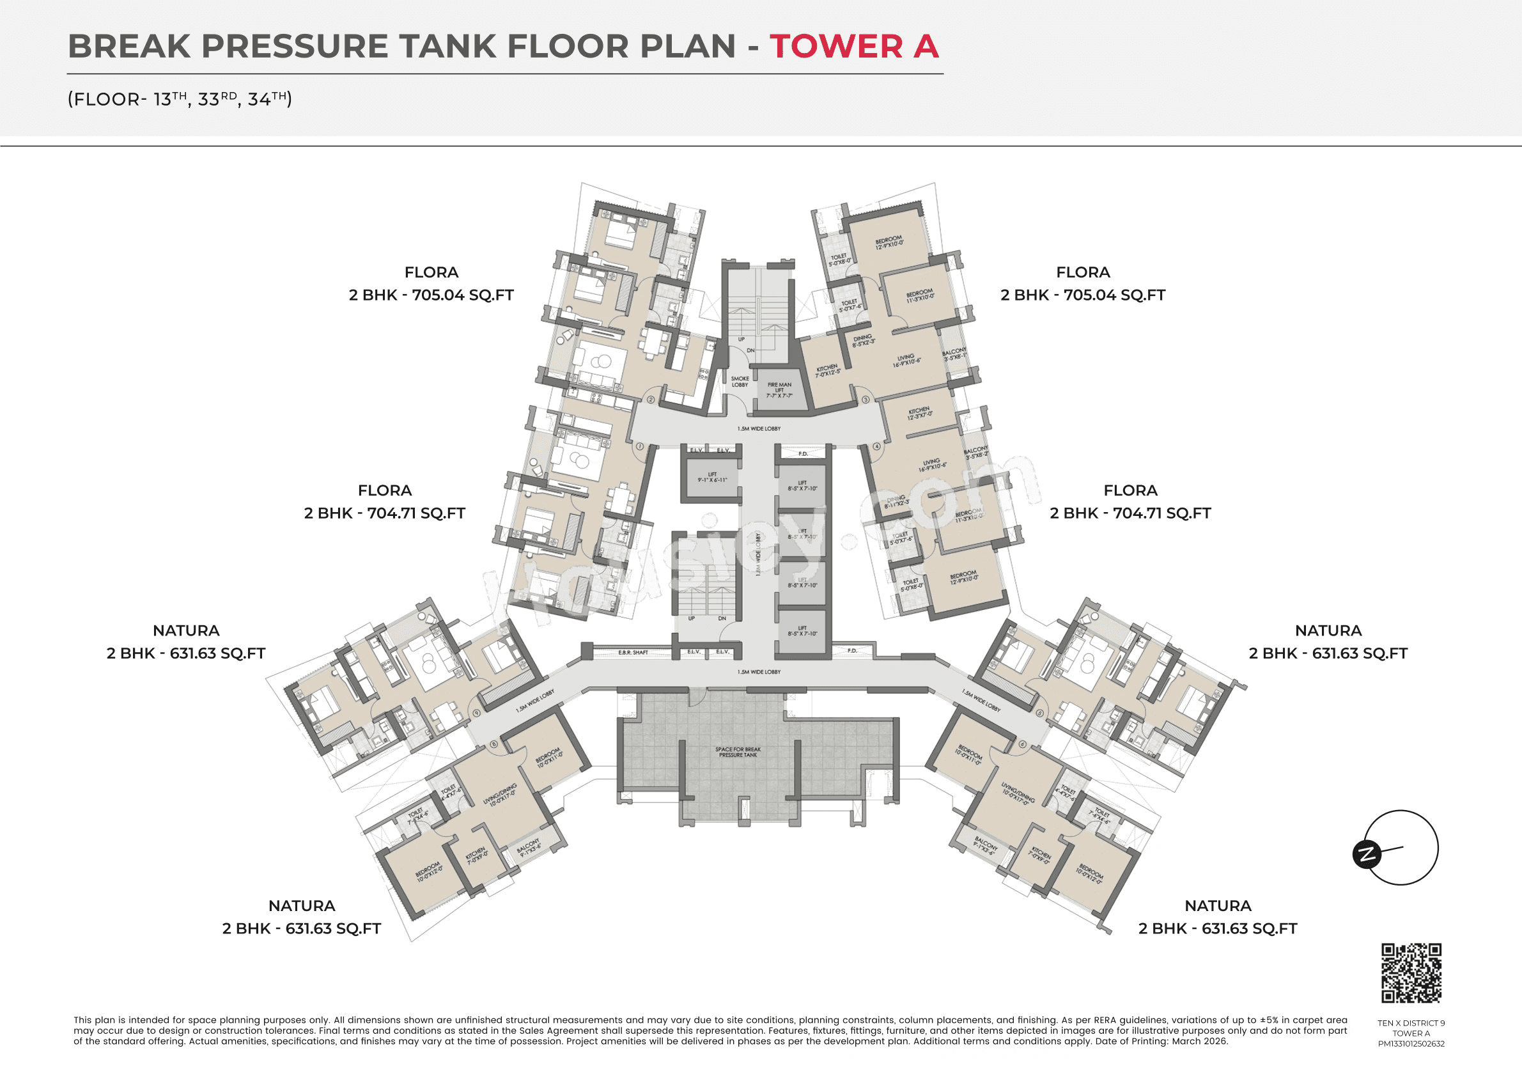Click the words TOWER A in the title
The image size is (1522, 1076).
(x=853, y=47)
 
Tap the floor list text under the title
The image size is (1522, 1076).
(x=180, y=100)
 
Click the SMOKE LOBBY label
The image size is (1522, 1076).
(x=740, y=381)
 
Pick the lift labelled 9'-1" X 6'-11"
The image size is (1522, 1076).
(x=712, y=478)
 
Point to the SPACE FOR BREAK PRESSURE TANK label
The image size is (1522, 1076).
(x=738, y=752)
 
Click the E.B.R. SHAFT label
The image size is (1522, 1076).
(x=632, y=652)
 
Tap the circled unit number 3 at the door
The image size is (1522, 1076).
(x=866, y=400)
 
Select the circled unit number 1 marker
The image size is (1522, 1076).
(x=640, y=447)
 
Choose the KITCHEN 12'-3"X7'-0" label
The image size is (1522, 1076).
(x=919, y=413)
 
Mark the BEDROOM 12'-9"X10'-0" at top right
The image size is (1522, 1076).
(x=889, y=242)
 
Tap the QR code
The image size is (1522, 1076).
(x=1411, y=973)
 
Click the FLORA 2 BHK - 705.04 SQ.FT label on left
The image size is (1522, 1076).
(x=431, y=284)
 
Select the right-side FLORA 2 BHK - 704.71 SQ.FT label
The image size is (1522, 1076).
(x=1130, y=502)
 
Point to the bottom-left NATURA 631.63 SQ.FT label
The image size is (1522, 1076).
(x=302, y=917)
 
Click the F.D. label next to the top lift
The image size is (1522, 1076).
(x=803, y=453)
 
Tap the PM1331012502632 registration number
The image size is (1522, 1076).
(x=1411, y=1043)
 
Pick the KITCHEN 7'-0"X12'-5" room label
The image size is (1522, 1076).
(x=827, y=370)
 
